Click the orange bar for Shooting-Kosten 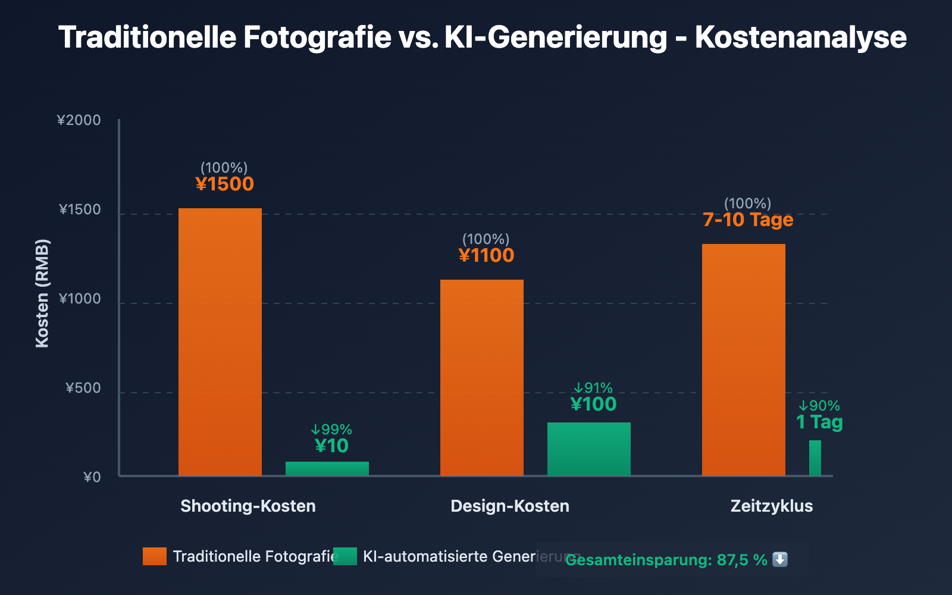click(x=220, y=342)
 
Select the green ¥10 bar click(x=327, y=469)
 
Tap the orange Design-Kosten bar click(x=482, y=378)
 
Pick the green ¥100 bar click(x=589, y=449)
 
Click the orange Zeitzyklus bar click(x=744, y=360)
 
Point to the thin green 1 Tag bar click(x=815, y=458)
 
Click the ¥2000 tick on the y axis click(x=79, y=120)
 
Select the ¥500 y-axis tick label click(x=83, y=389)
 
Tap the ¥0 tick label click(x=92, y=477)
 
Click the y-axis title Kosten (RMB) click(x=42, y=293)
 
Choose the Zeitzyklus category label click(x=772, y=506)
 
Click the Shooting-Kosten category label click(x=248, y=506)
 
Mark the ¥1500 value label click(x=225, y=184)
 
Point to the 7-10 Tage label click(x=748, y=220)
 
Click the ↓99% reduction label click(x=331, y=430)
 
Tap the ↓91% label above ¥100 click(x=593, y=388)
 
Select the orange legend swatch click(x=155, y=556)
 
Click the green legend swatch click(x=345, y=556)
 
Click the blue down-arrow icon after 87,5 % click(x=780, y=560)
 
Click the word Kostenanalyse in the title click(x=801, y=37)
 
